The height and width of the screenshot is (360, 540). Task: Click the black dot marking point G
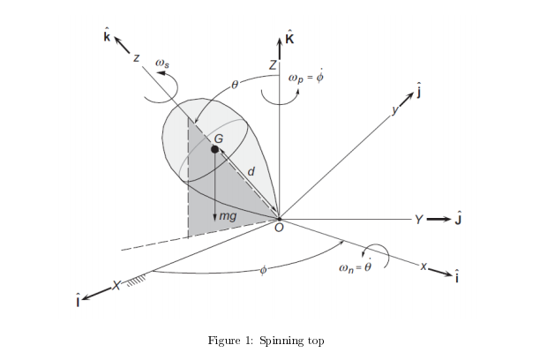tap(215, 151)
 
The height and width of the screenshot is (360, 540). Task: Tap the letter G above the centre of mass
tap(219, 139)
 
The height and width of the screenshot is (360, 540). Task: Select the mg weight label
tap(228, 214)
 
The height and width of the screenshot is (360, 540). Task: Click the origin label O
tap(280, 229)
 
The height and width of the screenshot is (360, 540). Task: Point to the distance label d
tap(252, 172)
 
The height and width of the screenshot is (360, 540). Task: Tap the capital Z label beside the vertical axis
tap(273, 65)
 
